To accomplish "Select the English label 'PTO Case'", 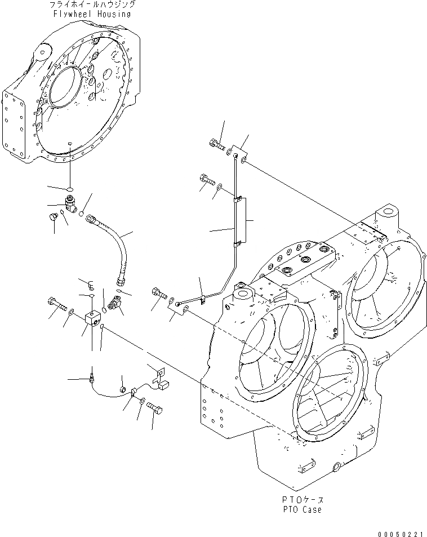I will tap(303, 509).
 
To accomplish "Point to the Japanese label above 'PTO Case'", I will tap(303, 500).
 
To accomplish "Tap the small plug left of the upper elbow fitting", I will tap(55, 216).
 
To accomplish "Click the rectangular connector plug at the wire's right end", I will tap(165, 384).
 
